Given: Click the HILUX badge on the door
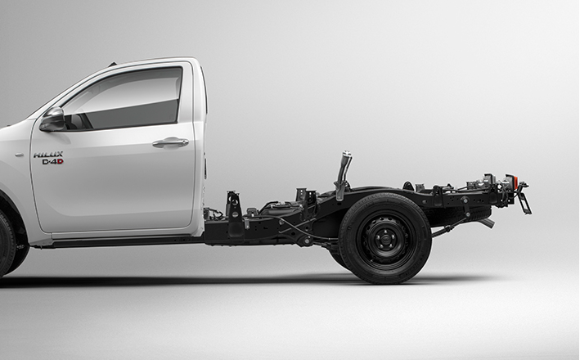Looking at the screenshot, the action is click(48, 155).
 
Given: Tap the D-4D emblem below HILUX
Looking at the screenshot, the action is click(52, 162).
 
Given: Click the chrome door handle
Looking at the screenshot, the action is click(170, 142).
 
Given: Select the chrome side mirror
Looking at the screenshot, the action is click(52, 119).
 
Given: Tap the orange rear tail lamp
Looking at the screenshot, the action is click(513, 180).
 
